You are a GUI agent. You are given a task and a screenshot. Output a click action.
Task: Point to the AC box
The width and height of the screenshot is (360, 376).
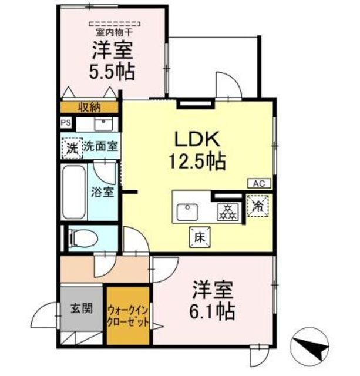(x=259, y=184)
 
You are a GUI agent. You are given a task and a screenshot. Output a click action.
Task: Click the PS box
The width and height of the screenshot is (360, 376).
(x=66, y=123)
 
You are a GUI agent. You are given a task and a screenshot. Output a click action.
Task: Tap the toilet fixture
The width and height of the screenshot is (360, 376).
(x=83, y=239)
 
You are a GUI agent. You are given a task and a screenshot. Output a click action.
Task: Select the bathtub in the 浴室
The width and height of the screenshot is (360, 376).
(x=73, y=192)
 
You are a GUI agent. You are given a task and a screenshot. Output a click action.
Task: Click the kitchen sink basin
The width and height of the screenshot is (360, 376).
(x=187, y=212)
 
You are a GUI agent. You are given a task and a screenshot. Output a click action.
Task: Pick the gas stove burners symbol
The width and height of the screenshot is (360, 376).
(x=228, y=212)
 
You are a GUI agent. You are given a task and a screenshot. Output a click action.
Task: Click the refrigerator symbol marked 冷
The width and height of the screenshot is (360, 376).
(x=258, y=206)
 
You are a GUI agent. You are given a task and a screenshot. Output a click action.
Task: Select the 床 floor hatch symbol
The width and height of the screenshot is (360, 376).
(x=200, y=237)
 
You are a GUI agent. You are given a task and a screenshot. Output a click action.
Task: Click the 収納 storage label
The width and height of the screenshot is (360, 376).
(x=90, y=108)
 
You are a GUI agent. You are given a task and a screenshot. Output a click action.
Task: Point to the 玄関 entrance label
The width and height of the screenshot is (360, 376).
(x=82, y=308)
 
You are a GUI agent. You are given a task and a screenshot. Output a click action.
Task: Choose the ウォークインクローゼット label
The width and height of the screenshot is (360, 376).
(x=128, y=315)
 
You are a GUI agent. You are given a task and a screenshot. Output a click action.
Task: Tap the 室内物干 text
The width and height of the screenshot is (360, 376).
(x=115, y=32)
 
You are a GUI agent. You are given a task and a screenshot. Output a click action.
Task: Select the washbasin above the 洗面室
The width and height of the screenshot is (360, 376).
(x=104, y=124)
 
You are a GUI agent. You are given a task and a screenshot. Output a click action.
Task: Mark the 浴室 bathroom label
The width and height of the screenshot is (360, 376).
(x=102, y=192)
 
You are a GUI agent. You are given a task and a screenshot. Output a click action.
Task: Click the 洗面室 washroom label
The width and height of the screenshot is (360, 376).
(x=101, y=146)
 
